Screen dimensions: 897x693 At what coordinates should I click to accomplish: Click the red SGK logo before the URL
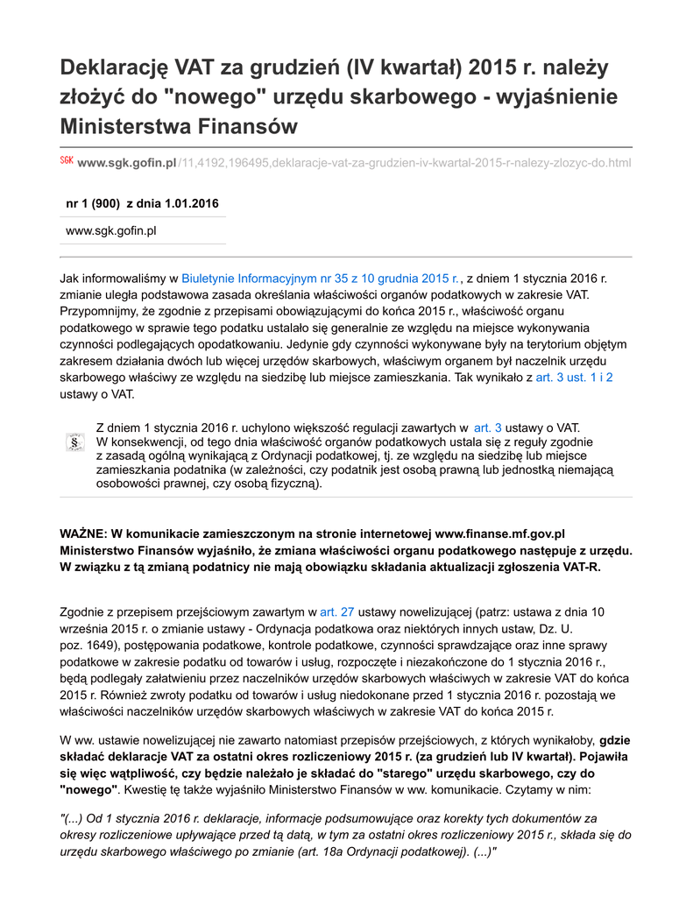click(x=67, y=162)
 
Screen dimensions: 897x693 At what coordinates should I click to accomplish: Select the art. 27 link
click(x=337, y=611)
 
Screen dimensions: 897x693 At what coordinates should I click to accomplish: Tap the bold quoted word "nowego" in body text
click(x=88, y=788)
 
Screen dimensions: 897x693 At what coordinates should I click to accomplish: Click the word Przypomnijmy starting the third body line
click(x=97, y=311)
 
